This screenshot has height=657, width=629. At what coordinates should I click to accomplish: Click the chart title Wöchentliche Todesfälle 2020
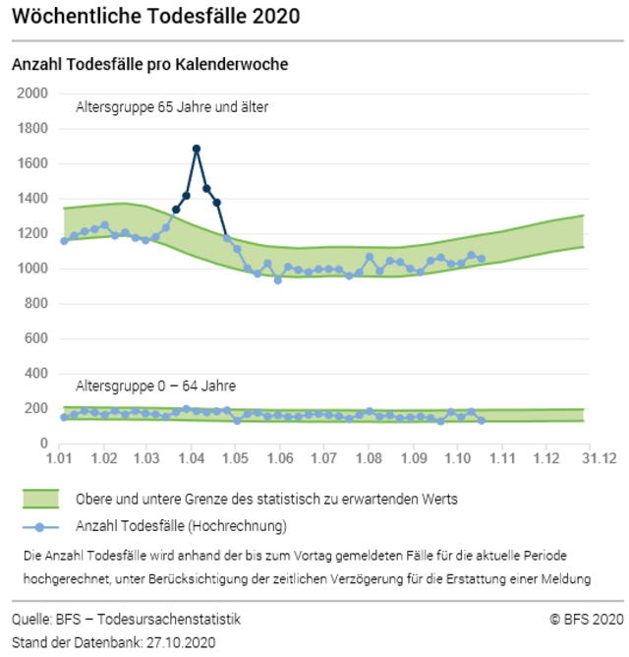[x=155, y=17]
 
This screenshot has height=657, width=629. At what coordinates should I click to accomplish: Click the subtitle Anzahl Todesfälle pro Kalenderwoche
[x=148, y=65]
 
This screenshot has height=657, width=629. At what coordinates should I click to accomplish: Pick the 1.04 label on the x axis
[x=191, y=459]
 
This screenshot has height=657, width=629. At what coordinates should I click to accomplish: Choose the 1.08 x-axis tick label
[x=369, y=459]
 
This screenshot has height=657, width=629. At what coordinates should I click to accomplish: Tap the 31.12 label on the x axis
[x=596, y=459]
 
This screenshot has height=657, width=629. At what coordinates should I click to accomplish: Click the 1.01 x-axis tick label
[x=58, y=459]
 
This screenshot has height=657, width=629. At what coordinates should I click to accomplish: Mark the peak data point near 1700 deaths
[x=197, y=149]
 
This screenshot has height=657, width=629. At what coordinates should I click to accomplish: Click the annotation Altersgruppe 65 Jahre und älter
[x=172, y=106]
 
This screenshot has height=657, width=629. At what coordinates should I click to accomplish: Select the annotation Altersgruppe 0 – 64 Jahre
[x=155, y=386]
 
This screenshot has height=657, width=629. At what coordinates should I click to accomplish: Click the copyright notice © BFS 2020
[x=587, y=620]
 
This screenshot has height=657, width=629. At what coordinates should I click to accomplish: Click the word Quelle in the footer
[x=31, y=620]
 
